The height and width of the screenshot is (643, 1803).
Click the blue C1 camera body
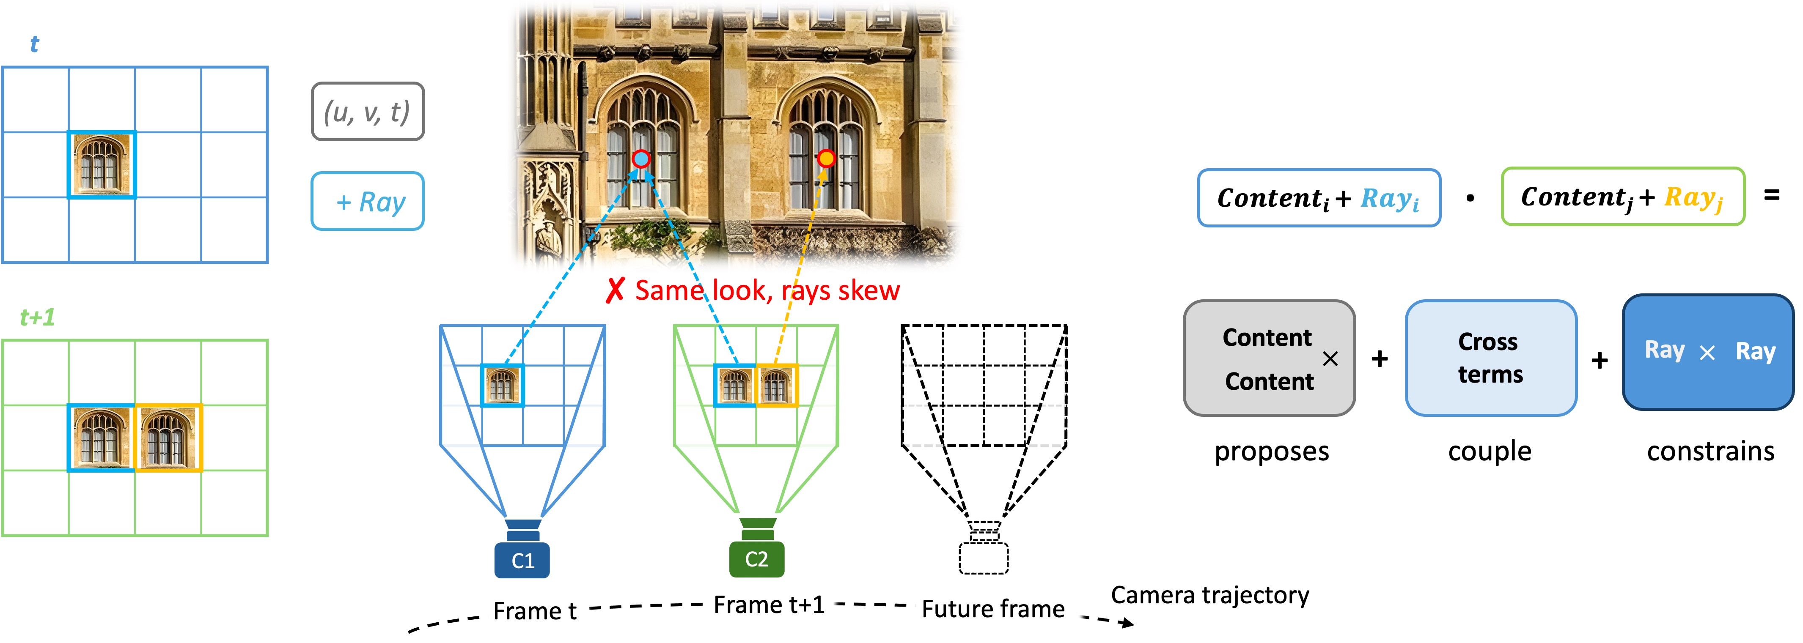(522, 560)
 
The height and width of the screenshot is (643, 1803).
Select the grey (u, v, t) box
(368, 111)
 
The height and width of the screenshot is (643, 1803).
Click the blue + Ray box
(368, 201)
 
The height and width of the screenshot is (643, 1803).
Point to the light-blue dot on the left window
(640, 159)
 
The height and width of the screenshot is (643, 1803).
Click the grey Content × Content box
(1269, 358)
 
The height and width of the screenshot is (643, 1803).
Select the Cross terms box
(1491, 358)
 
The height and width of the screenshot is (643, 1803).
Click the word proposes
(1271, 451)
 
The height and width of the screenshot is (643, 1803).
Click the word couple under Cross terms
(1490, 452)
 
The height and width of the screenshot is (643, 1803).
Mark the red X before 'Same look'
(615, 290)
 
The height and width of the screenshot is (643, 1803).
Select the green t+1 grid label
(37, 317)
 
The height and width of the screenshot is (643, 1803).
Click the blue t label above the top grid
(34, 44)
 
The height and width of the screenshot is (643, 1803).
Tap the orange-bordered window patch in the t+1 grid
(168, 438)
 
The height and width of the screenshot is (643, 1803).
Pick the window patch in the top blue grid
(102, 164)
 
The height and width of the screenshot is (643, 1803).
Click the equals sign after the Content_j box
(1772, 195)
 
